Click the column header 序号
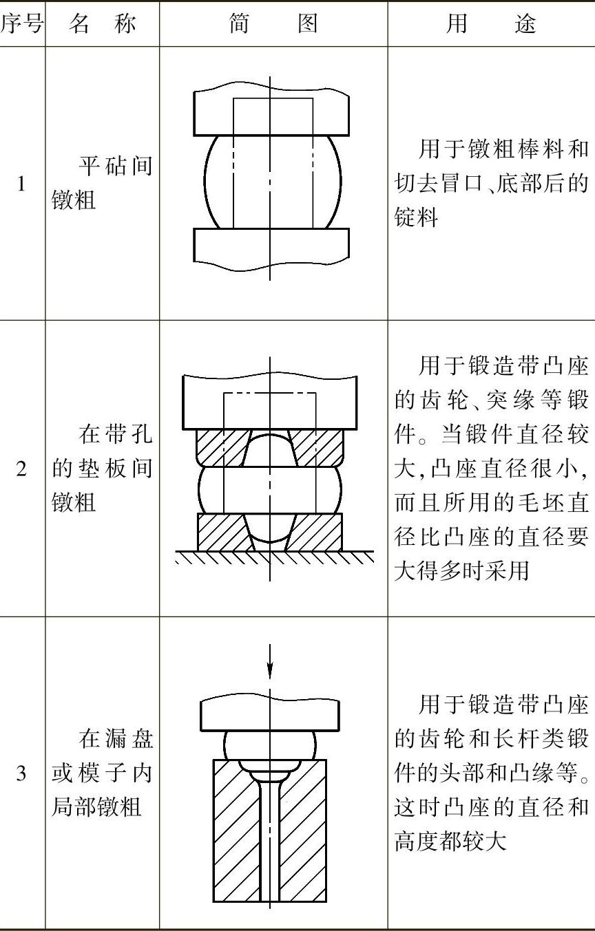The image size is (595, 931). (22, 24)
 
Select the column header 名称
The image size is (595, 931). (103, 24)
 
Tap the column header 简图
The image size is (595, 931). (273, 24)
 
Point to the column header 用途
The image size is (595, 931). (491, 24)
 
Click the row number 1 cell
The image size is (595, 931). (21, 184)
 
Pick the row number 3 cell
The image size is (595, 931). (21, 773)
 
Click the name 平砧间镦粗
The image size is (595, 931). (103, 184)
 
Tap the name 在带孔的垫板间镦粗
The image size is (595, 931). (103, 469)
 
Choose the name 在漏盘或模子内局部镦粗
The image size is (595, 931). (103, 773)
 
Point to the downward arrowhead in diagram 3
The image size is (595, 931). (271, 672)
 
